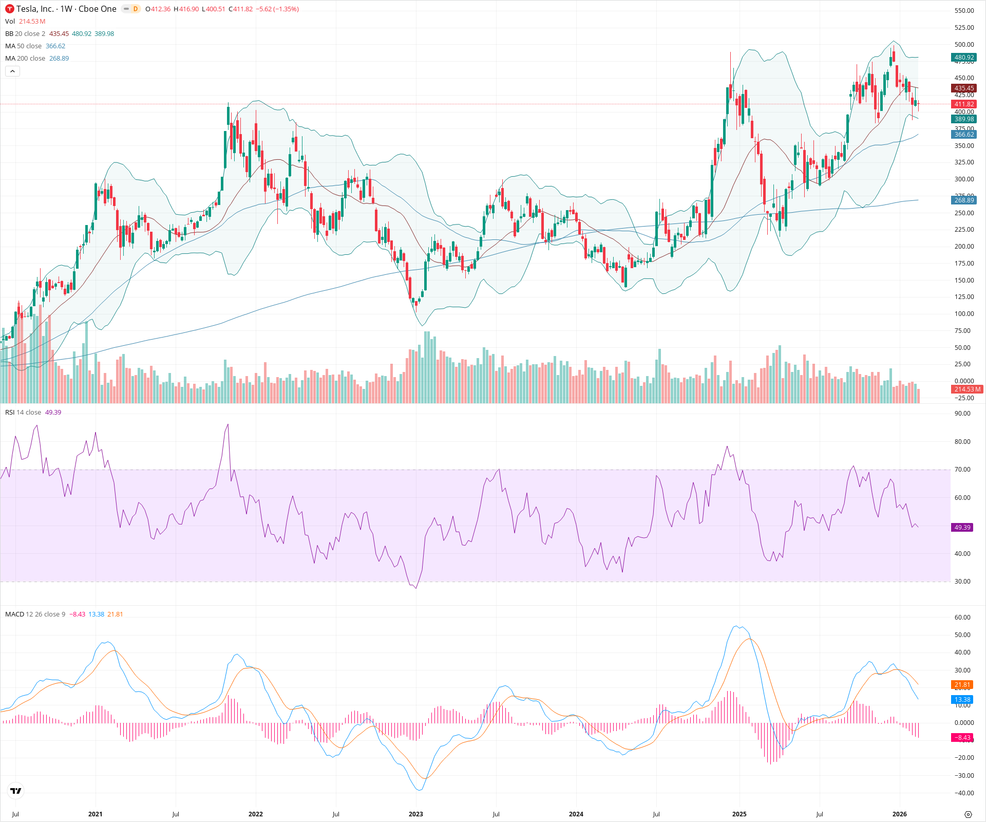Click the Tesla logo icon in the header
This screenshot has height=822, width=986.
(9, 9)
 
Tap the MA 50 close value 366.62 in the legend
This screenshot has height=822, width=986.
(55, 46)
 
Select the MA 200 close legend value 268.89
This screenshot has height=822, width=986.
(59, 59)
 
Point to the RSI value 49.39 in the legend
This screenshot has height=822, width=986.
(53, 413)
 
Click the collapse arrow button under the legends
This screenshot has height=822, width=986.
(12, 71)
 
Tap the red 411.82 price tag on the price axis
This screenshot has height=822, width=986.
(964, 104)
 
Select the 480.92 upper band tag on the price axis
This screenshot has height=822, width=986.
(964, 58)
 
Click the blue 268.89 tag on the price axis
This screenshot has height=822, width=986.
(964, 200)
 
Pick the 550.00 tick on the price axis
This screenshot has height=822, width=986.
(964, 11)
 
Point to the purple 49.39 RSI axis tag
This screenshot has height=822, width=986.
(962, 528)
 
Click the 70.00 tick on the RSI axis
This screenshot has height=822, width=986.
(962, 470)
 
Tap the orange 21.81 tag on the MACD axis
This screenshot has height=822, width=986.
(962, 685)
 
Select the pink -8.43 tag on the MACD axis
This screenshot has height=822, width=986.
(962, 738)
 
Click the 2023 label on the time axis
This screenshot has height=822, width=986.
(415, 814)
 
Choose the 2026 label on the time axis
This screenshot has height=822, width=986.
(899, 814)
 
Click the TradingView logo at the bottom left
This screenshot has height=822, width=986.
(16, 791)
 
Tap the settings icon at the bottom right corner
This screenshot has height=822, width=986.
(968, 814)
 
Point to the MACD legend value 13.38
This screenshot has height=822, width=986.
(96, 614)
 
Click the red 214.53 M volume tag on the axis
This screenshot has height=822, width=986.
(967, 389)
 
